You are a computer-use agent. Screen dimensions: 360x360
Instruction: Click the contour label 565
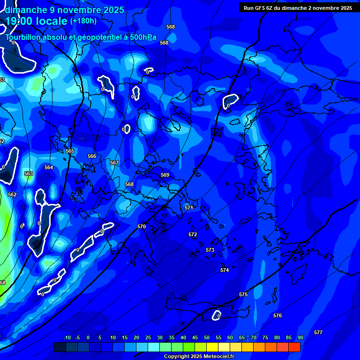[70, 151]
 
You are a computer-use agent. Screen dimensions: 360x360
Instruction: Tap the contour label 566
[92, 156]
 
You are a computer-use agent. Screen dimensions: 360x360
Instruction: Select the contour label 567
[114, 163]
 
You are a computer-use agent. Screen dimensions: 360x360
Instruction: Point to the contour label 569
[165, 175]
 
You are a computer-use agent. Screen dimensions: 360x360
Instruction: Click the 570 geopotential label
[142, 226]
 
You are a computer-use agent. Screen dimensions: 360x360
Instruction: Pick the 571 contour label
[189, 208]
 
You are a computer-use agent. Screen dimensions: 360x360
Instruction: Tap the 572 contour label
[193, 234]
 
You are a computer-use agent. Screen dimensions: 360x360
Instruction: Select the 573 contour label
[210, 250]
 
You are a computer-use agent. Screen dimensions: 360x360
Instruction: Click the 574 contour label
[225, 270]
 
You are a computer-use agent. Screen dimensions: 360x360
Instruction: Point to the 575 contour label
[243, 294]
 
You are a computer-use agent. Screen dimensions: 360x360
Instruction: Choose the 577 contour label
[318, 332]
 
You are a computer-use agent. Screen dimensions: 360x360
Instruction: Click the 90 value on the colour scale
[300, 337]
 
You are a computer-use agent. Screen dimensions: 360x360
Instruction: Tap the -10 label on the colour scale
[67, 337]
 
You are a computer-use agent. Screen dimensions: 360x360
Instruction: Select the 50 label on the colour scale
[206, 337]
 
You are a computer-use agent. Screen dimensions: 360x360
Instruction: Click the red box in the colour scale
[294, 347]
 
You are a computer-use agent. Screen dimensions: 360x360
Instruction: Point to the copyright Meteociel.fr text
[199, 357]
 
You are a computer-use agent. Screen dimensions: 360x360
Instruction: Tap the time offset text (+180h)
[83, 21]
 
